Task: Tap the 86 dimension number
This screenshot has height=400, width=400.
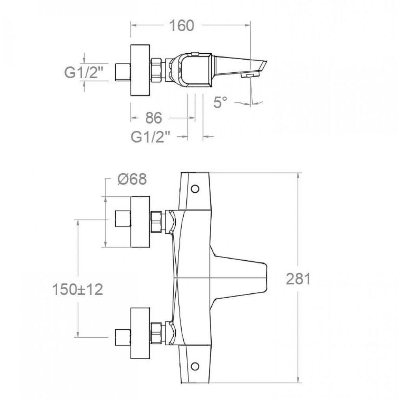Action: click(x=154, y=118)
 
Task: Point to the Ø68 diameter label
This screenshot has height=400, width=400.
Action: click(x=132, y=179)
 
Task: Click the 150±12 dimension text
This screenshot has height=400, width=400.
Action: click(x=77, y=289)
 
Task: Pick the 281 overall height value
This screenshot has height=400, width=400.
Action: click(x=299, y=279)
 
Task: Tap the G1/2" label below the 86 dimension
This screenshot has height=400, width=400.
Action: click(x=150, y=137)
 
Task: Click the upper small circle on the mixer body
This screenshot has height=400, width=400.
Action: click(x=195, y=189)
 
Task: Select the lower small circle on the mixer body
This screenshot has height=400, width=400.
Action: click(x=195, y=366)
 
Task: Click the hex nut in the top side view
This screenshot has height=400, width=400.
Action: click(x=157, y=70)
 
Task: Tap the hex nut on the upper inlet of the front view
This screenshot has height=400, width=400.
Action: click(x=156, y=222)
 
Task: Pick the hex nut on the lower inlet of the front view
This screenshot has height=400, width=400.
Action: click(x=156, y=333)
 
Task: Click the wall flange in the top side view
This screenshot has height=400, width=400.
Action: click(x=140, y=70)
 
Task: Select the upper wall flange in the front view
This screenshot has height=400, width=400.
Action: click(x=140, y=222)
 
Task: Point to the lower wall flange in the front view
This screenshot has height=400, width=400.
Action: click(x=140, y=333)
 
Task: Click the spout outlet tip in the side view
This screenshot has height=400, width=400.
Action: click(x=250, y=75)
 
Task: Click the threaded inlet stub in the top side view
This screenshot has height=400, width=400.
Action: click(x=123, y=72)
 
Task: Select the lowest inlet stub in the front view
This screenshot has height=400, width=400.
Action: click(x=123, y=337)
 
